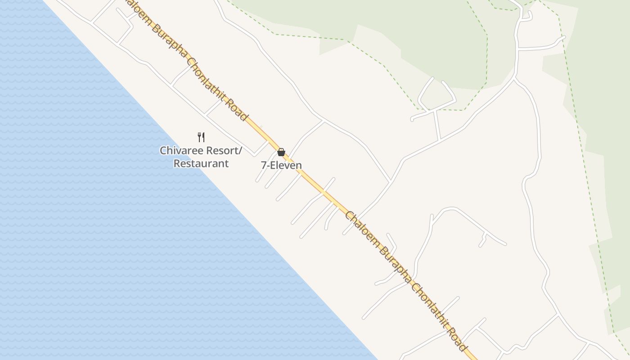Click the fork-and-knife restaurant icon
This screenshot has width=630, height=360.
click(x=201, y=137)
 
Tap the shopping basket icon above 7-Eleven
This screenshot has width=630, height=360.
click(x=281, y=152)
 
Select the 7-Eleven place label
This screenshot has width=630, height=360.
click(x=281, y=165)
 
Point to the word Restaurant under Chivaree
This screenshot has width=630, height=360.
click(x=201, y=163)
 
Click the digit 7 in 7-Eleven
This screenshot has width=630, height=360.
click(x=264, y=165)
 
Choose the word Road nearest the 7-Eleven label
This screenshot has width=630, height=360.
click(x=238, y=109)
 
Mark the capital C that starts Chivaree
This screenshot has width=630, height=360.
click(x=163, y=150)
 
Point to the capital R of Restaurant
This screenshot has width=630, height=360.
click(x=177, y=163)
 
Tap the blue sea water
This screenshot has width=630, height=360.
click(x=112, y=225)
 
